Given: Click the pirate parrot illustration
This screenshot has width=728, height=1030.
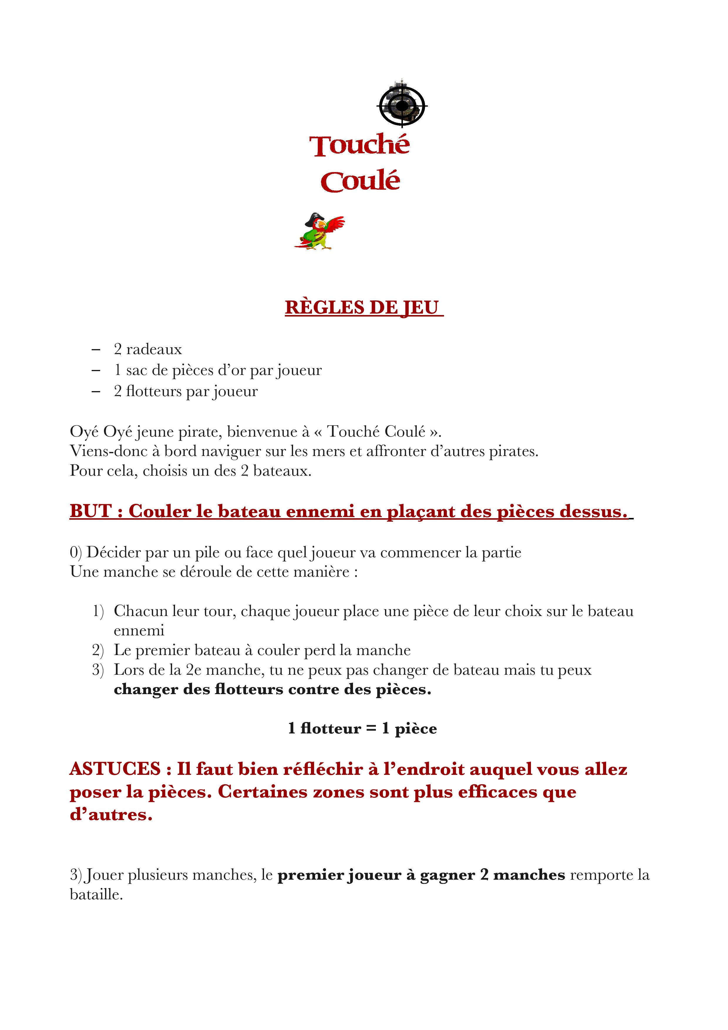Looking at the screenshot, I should coord(320,231).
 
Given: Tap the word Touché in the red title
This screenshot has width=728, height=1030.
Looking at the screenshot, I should coord(359,145).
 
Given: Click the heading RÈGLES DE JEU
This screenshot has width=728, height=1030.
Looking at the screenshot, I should coord(364,308).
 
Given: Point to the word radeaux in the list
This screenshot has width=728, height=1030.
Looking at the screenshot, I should coord(154,349).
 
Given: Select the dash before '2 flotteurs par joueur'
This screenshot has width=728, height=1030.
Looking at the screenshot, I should coord(95,391).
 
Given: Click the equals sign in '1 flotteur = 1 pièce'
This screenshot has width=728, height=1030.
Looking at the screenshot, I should coord(371,728).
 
